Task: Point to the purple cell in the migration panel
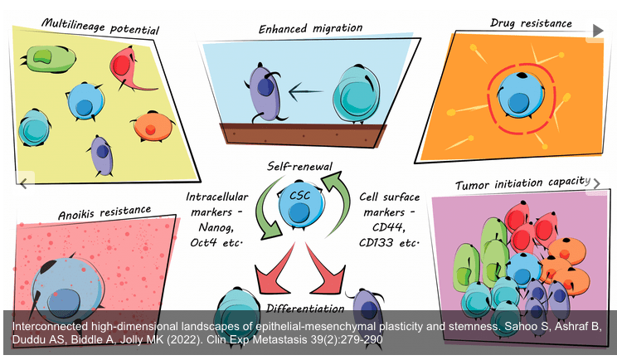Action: click(x=265, y=89)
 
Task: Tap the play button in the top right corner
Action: click(x=598, y=31)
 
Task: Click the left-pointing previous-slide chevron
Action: click(x=24, y=182)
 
